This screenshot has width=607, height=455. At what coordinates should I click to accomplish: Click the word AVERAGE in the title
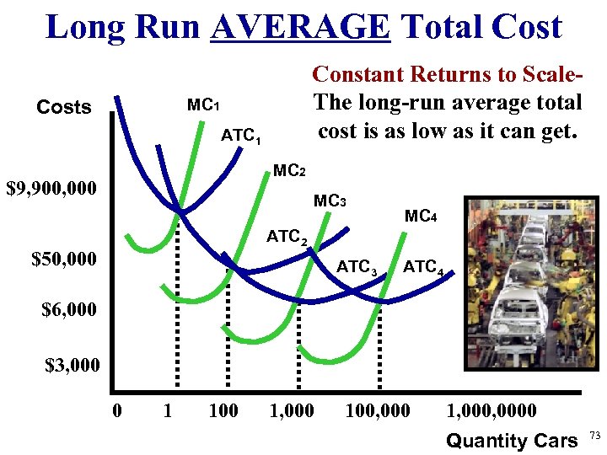point(301,26)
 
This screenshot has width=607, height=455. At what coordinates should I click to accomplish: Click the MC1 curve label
point(203,106)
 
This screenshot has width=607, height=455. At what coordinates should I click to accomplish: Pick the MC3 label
point(330,201)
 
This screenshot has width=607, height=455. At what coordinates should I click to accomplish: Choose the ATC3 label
point(357,268)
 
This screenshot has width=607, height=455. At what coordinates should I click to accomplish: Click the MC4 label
point(421,216)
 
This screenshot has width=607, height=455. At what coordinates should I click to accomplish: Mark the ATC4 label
point(423,268)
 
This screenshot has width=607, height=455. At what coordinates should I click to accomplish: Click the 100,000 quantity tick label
point(378,411)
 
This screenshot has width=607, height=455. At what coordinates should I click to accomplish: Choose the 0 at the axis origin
point(118,411)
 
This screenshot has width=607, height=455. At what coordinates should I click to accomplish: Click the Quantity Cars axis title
point(512,440)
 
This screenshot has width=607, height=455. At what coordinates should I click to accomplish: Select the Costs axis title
point(64,108)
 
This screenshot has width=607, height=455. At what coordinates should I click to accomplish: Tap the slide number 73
point(594,436)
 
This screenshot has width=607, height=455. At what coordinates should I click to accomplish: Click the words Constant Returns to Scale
point(447,74)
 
